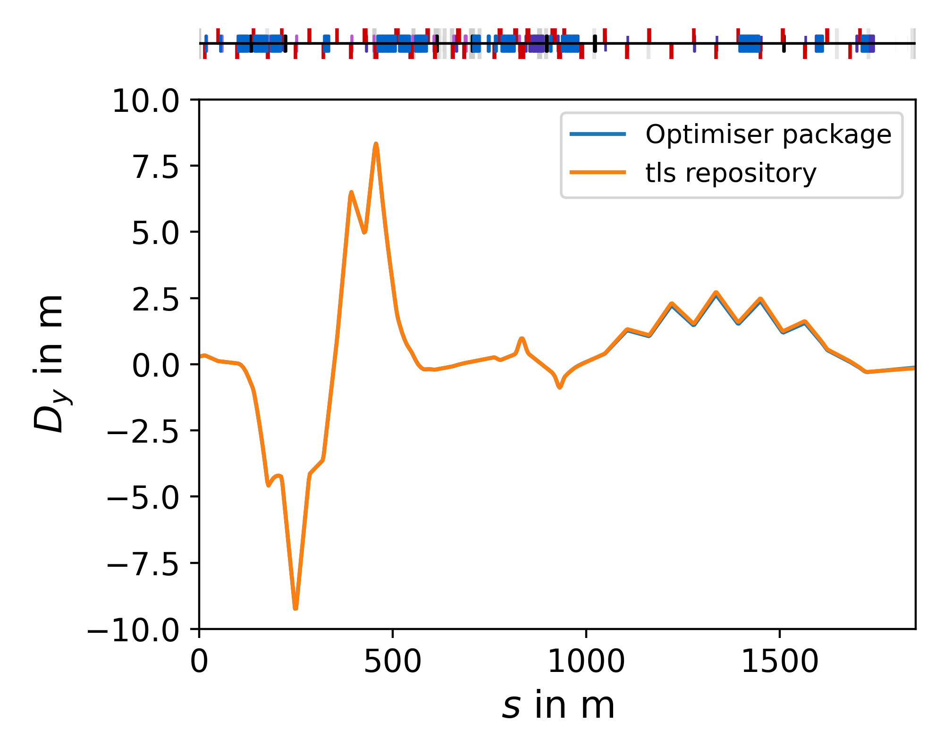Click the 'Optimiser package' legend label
tap(768, 134)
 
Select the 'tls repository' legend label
tap(731, 173)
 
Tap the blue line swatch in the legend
tap(598, 134)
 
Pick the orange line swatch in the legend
tap(598, 172)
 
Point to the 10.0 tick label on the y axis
tap(145, 101)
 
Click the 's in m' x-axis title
tap(558, 706)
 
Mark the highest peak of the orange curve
tap(376, 144)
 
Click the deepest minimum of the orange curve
tap(295, 608)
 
